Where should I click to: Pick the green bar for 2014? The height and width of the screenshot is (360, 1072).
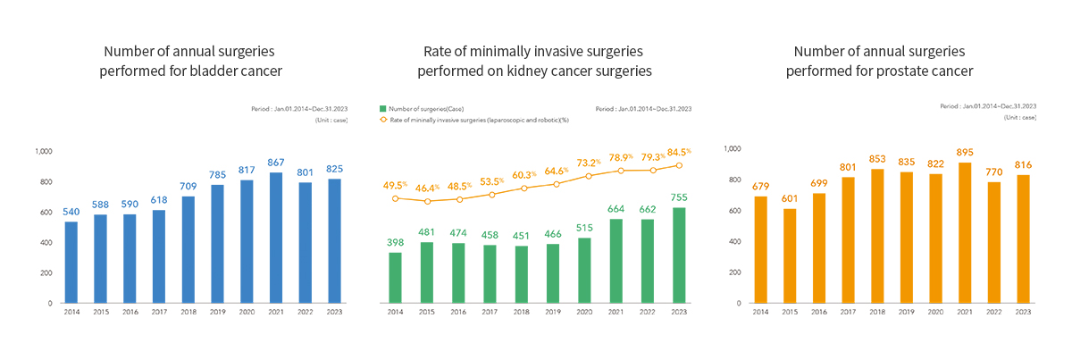(395, 277)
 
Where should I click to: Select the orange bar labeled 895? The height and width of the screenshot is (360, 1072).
(965, 232)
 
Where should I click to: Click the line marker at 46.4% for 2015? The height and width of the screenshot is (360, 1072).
(427, 201)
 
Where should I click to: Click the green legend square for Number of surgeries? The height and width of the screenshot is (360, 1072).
(382, 109)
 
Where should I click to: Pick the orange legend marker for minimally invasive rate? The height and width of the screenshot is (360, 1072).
(382, 119)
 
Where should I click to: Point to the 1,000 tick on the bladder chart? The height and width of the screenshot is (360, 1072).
(43, 151)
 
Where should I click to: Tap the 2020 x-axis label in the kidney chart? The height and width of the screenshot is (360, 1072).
(585, 312)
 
